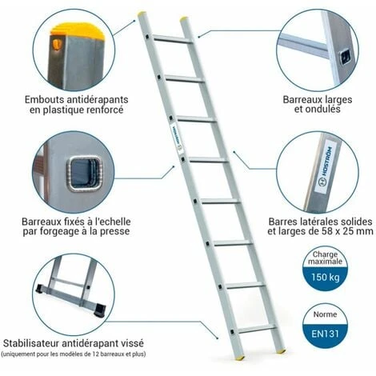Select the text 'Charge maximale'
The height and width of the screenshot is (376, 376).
[x=330, y=258]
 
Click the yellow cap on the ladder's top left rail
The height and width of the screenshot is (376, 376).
[x=142, y=14]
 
